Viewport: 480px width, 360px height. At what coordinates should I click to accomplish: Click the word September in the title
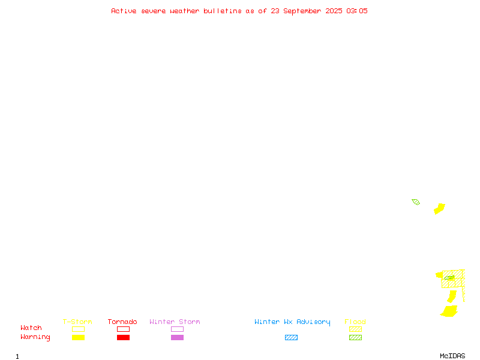(x=302, y=11)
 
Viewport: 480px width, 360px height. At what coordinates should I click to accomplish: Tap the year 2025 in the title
(x=334, y=11)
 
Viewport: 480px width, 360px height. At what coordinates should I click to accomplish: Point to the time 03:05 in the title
(x=357, y=11)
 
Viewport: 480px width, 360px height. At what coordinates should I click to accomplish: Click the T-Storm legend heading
(x=77, y=322)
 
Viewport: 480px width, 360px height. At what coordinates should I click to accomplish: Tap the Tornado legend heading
(x=122, y=322)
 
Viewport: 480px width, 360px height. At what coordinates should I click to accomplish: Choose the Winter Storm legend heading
(x=175, y=322)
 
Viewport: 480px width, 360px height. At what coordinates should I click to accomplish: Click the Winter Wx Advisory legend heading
(x=292, y=322)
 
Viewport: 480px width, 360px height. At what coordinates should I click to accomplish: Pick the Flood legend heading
(x=355, y=322)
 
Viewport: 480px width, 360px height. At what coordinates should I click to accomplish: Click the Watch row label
(x=31, y=328)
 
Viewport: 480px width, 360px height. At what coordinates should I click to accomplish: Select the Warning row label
(x=35, y=337)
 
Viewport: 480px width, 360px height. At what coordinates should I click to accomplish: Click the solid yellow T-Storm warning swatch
(x=79, y=337)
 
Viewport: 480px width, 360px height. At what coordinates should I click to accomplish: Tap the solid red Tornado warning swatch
(x=124, y=337)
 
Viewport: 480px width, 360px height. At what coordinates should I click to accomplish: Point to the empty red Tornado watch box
(x=124, y=326)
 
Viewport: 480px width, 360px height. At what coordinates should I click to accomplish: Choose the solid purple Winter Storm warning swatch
(x=177, y=337)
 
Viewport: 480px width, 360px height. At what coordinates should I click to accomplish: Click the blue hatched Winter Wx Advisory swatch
(x=291, y=337)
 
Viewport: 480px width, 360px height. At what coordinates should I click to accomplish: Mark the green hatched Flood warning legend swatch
(x=355, y=337)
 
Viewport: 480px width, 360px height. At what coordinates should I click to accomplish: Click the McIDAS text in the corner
(x=452, y=356)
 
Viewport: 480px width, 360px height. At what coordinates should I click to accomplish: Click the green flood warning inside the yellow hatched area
(x=449, y=278)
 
